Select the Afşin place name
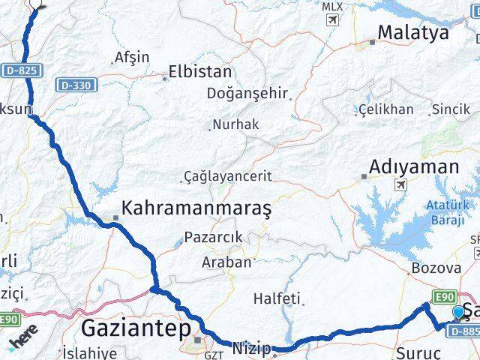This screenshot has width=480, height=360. click(131, 57)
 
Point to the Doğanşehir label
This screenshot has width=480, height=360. click(248, 94)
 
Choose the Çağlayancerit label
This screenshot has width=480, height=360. click(227, 177)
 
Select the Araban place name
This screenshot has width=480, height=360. click(226, 262)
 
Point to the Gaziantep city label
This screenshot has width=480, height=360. click(131, 327)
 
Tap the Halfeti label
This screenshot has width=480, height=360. click(276, 298)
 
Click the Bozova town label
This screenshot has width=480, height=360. click(436, 268)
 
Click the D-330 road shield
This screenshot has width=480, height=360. click(76, 85)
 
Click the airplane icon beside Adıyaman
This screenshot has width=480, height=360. click(400, 184)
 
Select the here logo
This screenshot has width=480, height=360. click(22, 340)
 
